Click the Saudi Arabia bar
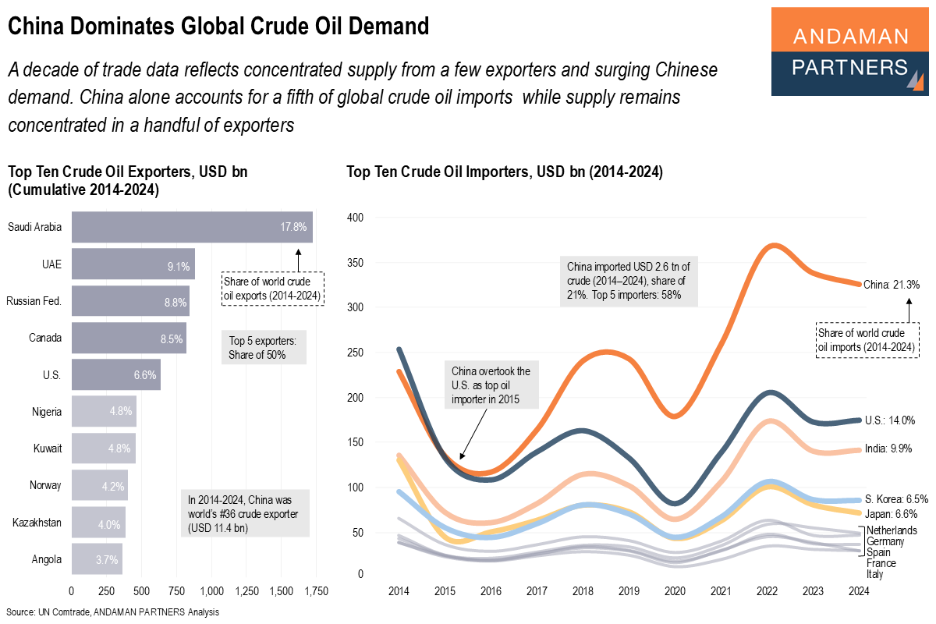pyautogui.click(x=192, y=227)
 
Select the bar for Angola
pyautogui.click(x=97, y=559)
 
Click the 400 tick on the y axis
pyautogui.click(x=356, y=217)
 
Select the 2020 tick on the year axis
pyautogui.click(x=675, y=591)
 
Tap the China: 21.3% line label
pyautogui.click(x=891, y=285)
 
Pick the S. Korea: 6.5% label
pyautogui.click(x=895, y=498)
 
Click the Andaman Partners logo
pyautogui.click(x=849, y=51)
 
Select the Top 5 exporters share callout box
pyautogui.click(x=264, y=348)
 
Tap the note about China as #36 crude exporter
pyautogui.click(x=244, y=512)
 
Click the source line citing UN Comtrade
pyautogui.click(x=113, y=612)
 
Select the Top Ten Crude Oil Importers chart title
pyautogui.click(x=504, y=173)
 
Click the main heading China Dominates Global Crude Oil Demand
pyautogui.click(x=218, y=27)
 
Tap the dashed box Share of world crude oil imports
pyautogui.click(x=866, y=339)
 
